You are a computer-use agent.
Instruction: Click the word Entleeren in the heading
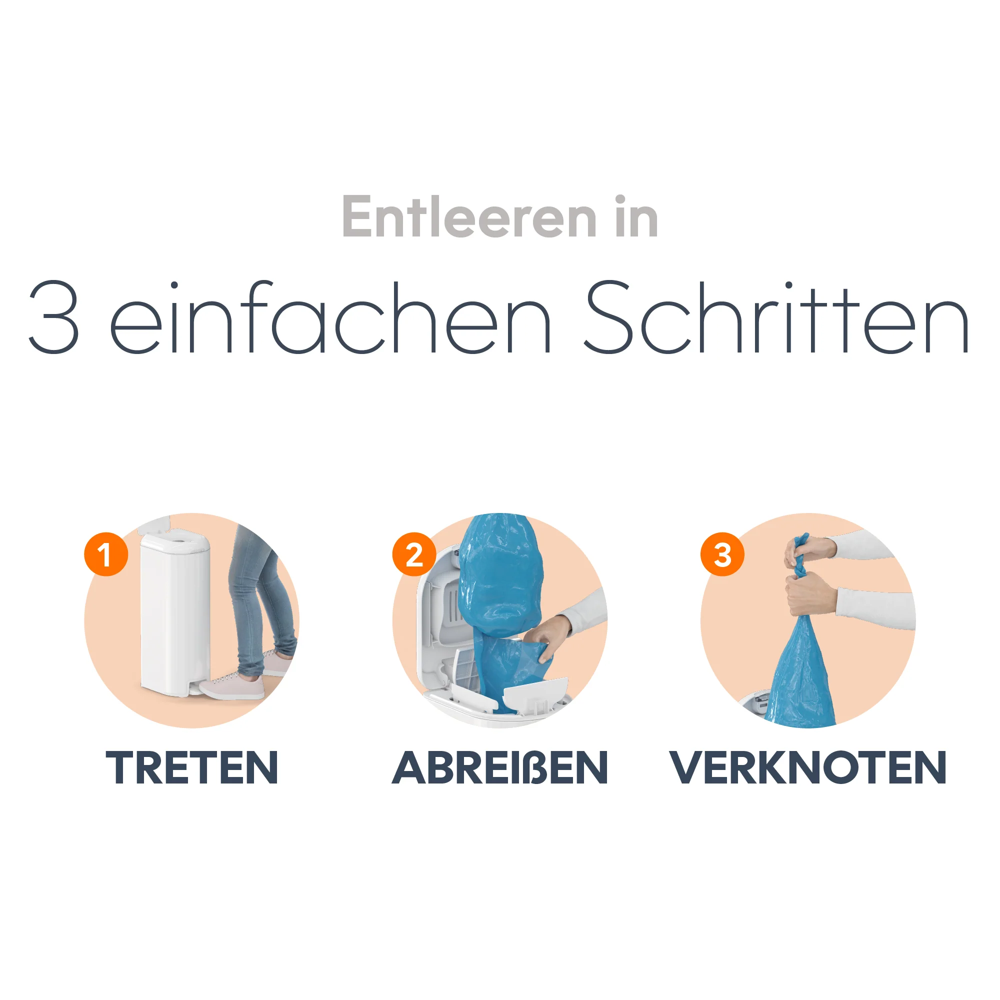469,217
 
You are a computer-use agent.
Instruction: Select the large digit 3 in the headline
54,317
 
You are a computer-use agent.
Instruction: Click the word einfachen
330,317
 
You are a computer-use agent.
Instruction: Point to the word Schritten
776,317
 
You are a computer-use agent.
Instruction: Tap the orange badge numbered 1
106,554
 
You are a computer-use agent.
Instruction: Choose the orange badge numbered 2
414,554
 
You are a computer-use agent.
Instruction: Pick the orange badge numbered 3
722,554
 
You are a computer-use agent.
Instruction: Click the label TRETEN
192,767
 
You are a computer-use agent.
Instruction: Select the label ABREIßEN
499,767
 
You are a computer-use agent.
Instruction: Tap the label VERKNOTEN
808,767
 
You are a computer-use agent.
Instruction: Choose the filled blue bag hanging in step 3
799,673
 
